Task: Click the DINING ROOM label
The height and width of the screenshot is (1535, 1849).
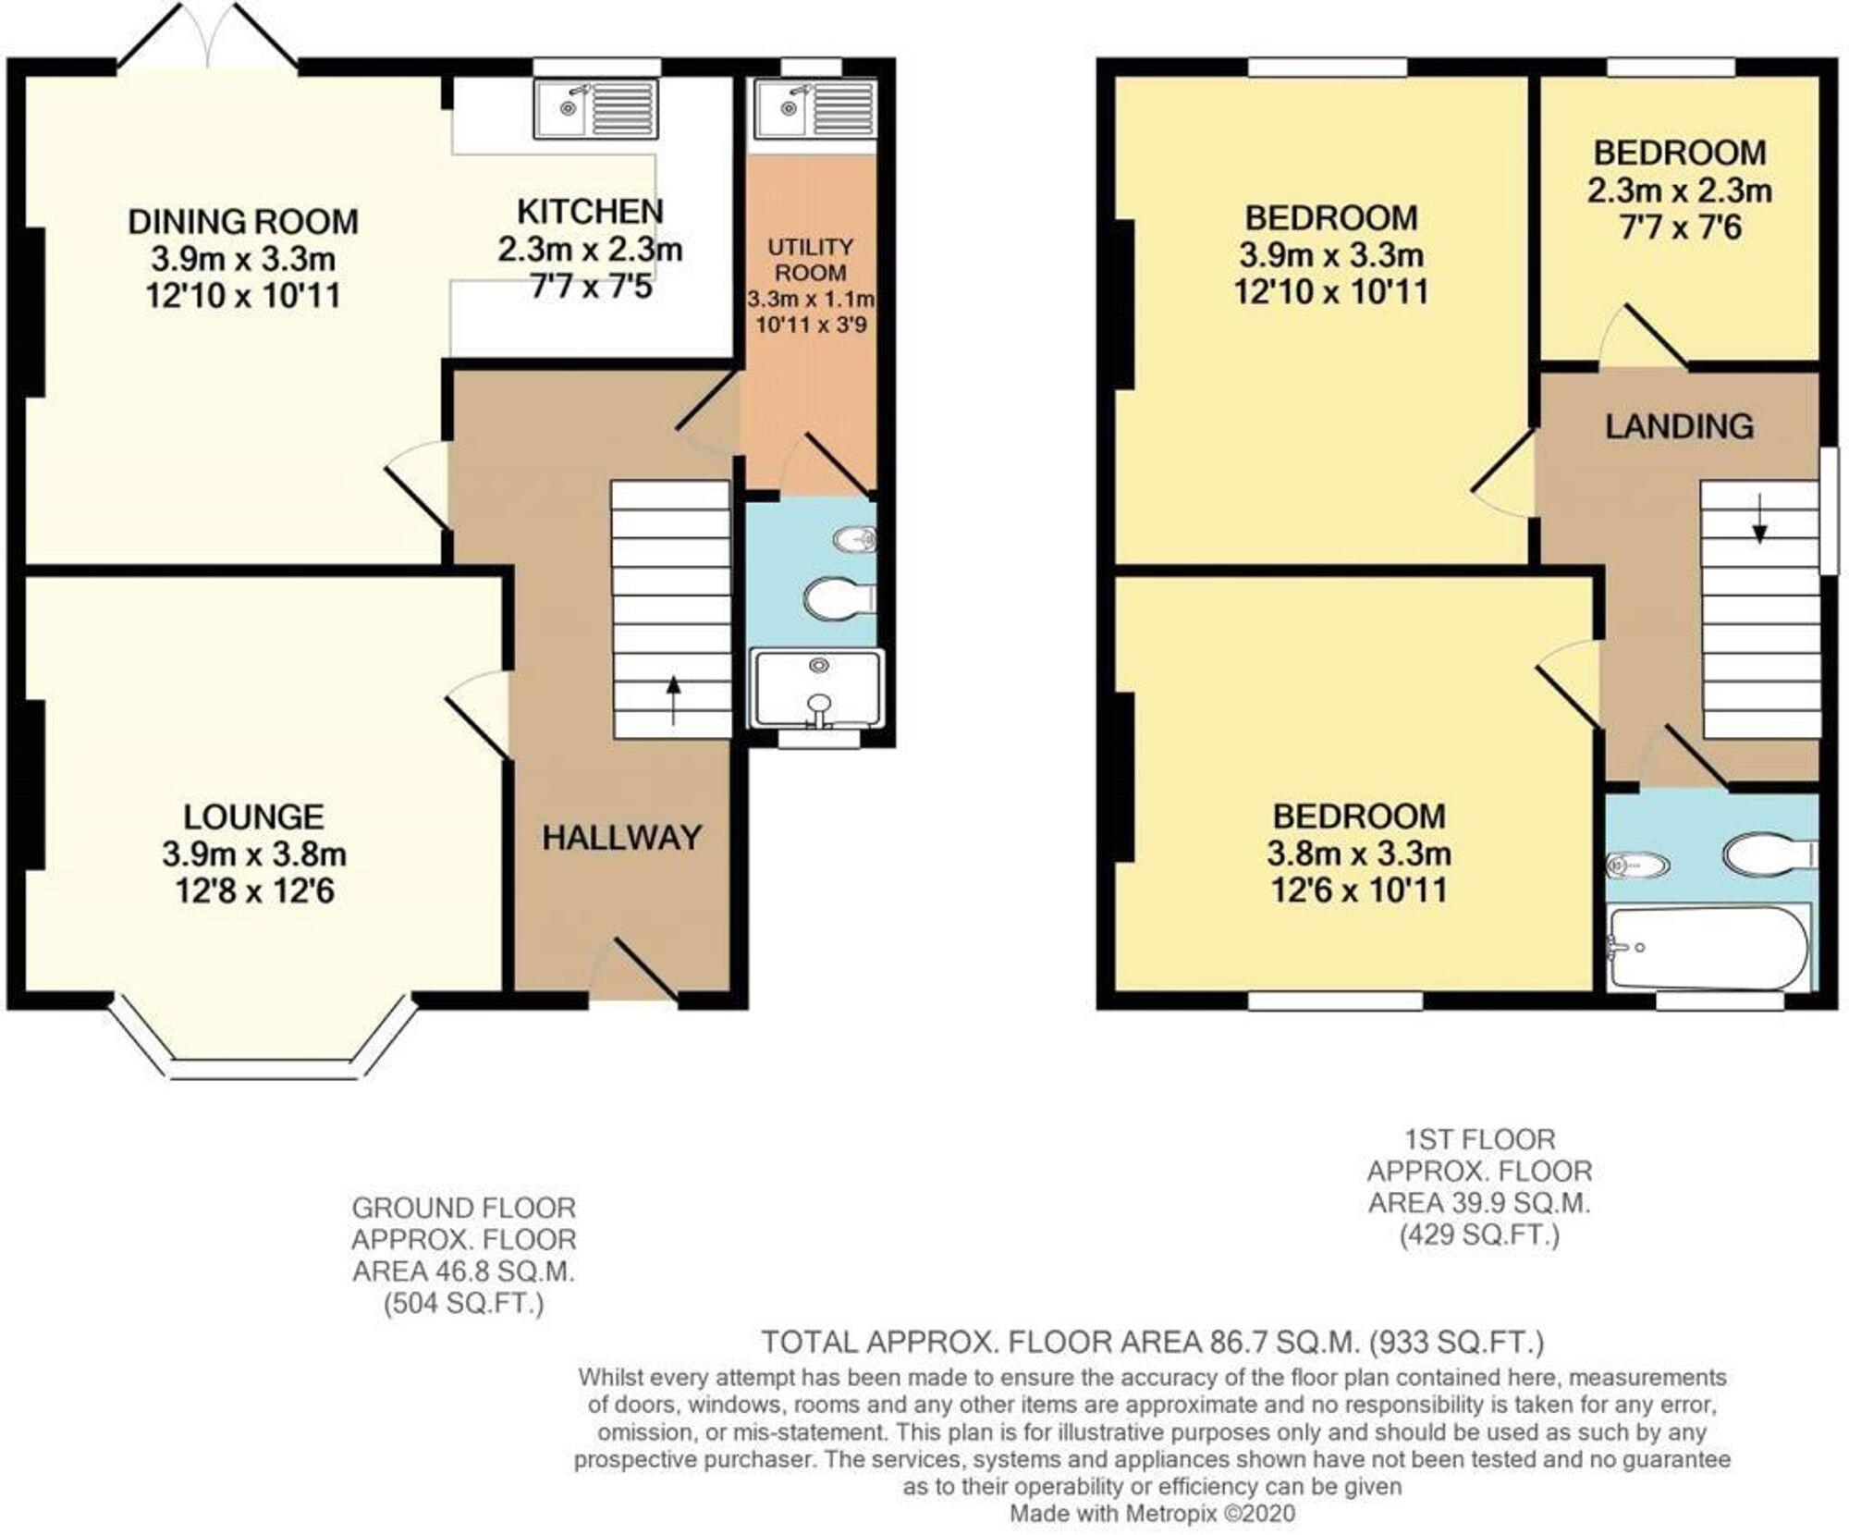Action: (x=242, y=222)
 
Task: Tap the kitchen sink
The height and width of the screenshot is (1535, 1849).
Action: (x=596, y=108)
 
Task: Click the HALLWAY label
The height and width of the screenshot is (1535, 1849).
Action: (x=621, y=838)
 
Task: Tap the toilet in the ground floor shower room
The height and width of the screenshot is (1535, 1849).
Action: (x=838, y=598)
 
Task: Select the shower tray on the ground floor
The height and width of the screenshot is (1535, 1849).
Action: (x=817, y=689)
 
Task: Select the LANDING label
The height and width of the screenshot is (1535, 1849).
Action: (x=1679, y=426)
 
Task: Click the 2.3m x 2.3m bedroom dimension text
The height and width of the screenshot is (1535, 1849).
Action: (x=1679, y=190)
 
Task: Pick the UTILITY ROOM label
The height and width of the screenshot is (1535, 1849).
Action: (x=811, y=260)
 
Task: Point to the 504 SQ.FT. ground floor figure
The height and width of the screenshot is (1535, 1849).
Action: (x=463, y=1304)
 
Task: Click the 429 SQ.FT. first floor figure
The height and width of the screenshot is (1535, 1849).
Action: (x=1479, y=1234)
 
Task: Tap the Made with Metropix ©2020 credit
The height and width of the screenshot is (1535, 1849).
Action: (x=1152, y=1514)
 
